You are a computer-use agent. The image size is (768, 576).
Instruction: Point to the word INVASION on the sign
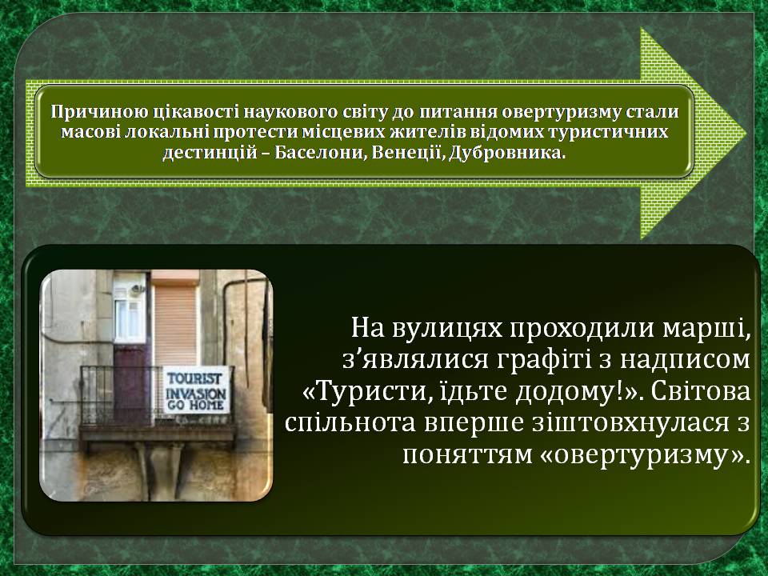196,393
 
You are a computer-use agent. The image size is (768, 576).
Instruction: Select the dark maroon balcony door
130,385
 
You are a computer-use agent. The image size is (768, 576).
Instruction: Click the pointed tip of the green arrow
746,134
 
